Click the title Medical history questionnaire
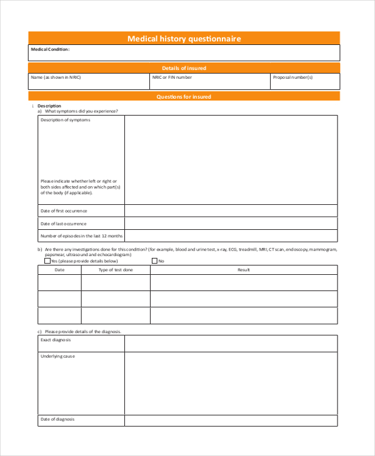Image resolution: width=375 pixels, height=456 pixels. click(184, 39)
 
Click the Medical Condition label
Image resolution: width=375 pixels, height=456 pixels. click(50, 49)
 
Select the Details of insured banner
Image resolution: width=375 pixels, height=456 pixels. click(184, 68)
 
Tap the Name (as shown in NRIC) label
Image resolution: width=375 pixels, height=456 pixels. click(56, 77)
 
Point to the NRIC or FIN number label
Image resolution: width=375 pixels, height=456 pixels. click(172, 77)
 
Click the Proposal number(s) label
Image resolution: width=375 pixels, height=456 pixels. click(293, 77)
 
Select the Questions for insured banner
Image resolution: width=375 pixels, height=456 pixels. click(184, 97)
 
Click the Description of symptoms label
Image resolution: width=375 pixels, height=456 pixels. click(65, 120)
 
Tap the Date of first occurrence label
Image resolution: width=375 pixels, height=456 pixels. click(64, 211)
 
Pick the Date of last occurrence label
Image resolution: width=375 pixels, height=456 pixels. click(64, 224)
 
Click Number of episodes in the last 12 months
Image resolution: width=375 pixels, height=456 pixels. click(82, 236)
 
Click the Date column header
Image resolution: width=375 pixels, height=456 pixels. click(59, 270)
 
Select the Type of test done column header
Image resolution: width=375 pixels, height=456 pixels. click(116, 270)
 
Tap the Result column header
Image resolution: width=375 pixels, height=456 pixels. click(243, 270)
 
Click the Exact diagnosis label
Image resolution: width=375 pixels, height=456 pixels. click(56, 340)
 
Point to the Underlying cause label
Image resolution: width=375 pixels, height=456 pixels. click(57, 356)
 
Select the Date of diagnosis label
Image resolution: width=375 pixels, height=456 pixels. click(57, 419)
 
